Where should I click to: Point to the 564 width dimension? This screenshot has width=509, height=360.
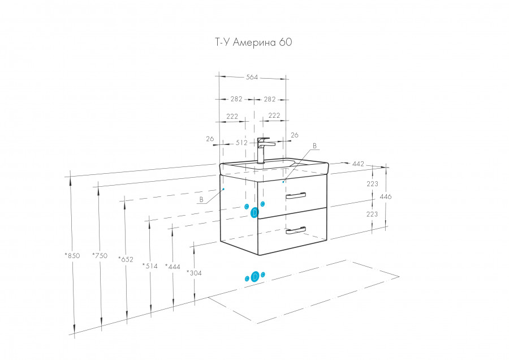pyautogui.click(x=252, y=78)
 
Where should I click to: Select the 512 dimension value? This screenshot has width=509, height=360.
pyautogui.click(x=241, y=143)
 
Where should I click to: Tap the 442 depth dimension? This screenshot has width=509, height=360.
pyautogui.click(x=358, y=164)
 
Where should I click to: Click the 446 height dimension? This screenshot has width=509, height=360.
pyautogui.click(x=386, y=196)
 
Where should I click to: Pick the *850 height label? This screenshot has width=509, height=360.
pyautogui.click(x=72, y=255)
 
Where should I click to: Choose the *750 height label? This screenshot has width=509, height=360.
pyautogui.click(x=100, y=255)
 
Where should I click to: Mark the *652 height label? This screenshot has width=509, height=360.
pyautogui.click(x=126, y=259)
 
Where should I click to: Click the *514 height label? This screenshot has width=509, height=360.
pyautogui.click(x=150, y=265)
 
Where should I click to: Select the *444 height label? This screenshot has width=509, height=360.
pyautogui.click(x=173, y=266)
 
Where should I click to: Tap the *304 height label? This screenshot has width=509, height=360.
pyautogui.click(x=195, y=272)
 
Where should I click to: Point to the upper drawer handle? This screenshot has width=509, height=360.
pyautogui.click(x=296, y=196)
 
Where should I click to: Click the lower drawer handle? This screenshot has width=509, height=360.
pyautogui.click(x=296, y=230)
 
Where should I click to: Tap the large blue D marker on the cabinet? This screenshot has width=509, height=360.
pyautogui.click(x=255, y=212)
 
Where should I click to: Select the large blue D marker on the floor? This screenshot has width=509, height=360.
pyautogui.click(x=256, y=276)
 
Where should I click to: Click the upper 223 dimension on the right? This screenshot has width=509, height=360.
pyautogui.click(x=372, y=183)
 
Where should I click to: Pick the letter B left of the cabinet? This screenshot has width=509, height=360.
pyautogui.click(x=201, y=200)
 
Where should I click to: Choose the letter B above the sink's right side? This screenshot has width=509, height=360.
pyautogui.click(x=314, y=145)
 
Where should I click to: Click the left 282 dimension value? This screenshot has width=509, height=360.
pyautogui.click(x=236, y=99)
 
